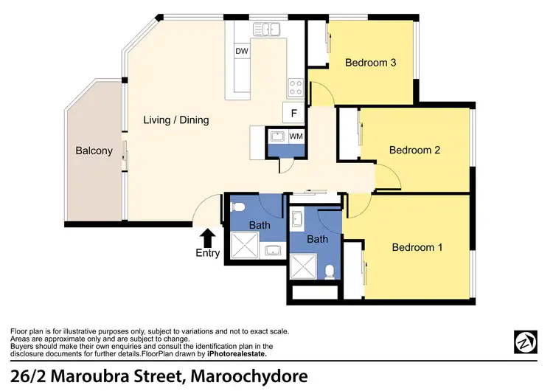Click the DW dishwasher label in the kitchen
tap(241, 52)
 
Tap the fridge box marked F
tap(294, 114)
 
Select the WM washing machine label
tap(296, 136)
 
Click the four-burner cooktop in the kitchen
tap(296, 88)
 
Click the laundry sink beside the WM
tap(278, 136)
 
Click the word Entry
tap(208, 253)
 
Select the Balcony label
tap(94, 151)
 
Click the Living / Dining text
tap(175, 120)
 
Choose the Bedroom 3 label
tap(371, 63)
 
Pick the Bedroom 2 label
tap(414, 150)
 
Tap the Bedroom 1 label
tap(417, 247)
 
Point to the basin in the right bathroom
tap(297, 220)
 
